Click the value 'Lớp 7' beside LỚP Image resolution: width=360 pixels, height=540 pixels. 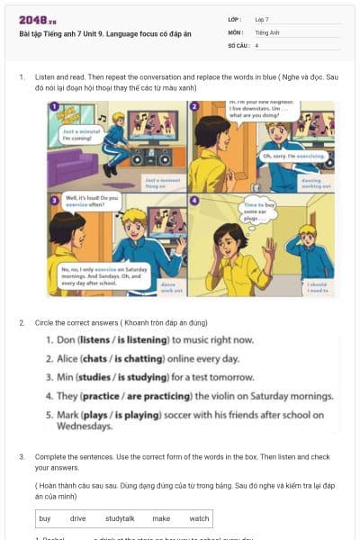(262, 19)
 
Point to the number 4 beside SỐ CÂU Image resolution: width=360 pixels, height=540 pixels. (256, 44)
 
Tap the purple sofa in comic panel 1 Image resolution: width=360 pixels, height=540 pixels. (71, 167)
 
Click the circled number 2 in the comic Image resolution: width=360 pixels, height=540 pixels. (194, 106)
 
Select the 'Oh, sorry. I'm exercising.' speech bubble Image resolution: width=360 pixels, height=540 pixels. (285, 157)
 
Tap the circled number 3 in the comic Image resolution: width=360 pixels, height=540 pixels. (54, 199)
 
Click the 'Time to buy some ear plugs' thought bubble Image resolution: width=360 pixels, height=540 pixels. (260, 212)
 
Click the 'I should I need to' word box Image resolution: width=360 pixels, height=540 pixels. (319, 287)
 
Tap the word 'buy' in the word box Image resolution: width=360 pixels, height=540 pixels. (45, 518)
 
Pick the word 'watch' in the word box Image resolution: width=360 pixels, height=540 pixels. (199, 518)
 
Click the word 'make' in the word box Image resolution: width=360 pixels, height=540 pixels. (161, 518)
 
